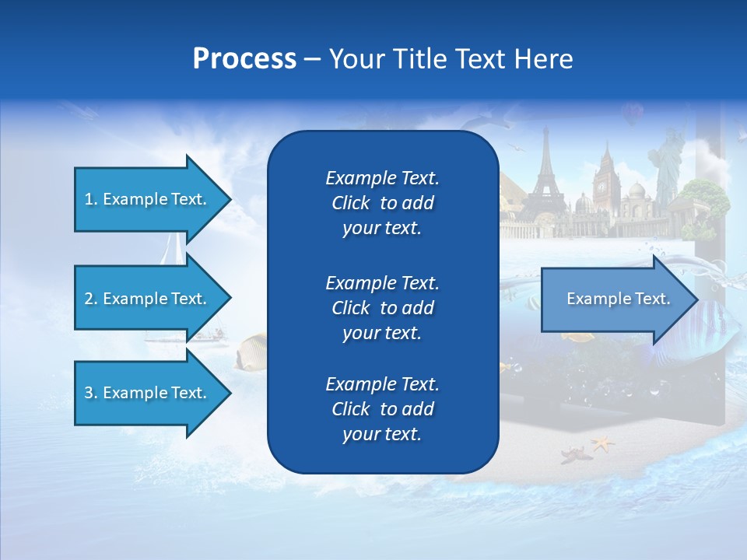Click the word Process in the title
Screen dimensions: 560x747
244,59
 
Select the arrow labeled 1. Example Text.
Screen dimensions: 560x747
148,199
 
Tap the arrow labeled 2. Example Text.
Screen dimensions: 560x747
148,299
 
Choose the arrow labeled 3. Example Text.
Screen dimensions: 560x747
148,393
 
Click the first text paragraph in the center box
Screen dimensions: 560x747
382,203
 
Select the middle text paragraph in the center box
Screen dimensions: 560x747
382,307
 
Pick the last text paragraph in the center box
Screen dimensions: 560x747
382,409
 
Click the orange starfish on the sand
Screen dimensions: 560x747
602,444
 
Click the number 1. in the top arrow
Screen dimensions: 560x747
91,199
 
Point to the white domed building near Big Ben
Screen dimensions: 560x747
637,194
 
